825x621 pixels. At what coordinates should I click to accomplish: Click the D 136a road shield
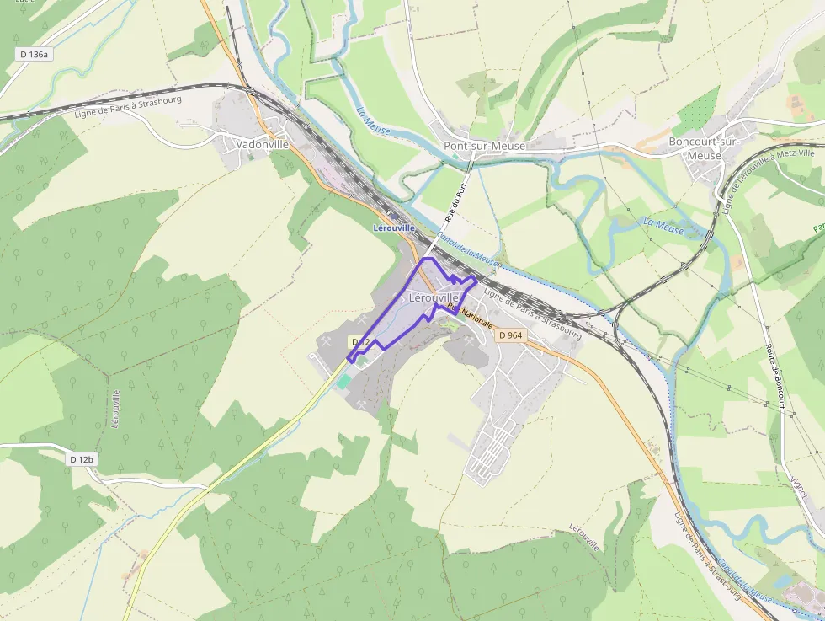coord(35,54)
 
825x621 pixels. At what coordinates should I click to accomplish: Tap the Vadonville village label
coord(262,144)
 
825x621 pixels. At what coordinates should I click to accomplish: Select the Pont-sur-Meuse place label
coord(484,146)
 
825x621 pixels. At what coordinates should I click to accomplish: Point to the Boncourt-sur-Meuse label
coord(704,148)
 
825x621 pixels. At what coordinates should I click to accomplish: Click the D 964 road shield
coord(510,335)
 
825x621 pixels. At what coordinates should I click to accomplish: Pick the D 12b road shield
coord(82,459)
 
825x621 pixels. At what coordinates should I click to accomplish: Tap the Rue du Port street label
coord(455,202)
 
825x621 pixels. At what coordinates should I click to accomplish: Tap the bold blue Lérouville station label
coord(394,228)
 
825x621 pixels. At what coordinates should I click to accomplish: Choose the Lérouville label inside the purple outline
coord(433,297)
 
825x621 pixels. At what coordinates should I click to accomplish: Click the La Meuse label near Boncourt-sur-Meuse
coord(663,226)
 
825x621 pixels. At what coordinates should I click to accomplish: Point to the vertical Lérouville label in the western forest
coord(116,409)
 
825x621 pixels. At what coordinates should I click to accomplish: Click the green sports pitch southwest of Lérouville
coord(343,382)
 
